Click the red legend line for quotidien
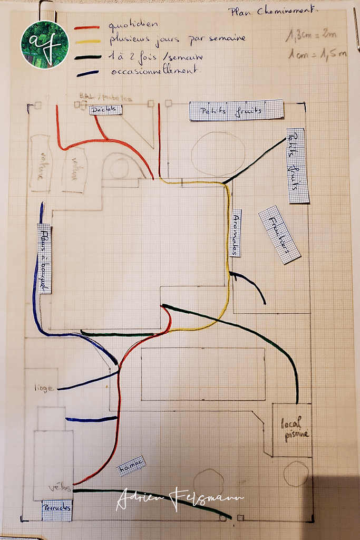pyautogui.click(x=87, y=27)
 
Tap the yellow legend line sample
pyautogui.click(x=87, y=42)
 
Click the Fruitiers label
pyautogui.click(x=279, y=235)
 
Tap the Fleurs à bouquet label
pyautogui.click(x=45, y=259)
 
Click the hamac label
pyautogui.click(x=130, y=466)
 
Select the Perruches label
pyautogui.click(x=56, y=510)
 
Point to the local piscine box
pyautogui.click(x=291, y=429)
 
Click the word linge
pyautogui.click(x=44, y=388)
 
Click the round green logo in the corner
pyautogui.click(x=45, y=44)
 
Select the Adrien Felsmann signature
pyautogui.click(x=179, y=498)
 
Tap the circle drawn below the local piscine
pyautogui.click(x=296, y=474)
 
